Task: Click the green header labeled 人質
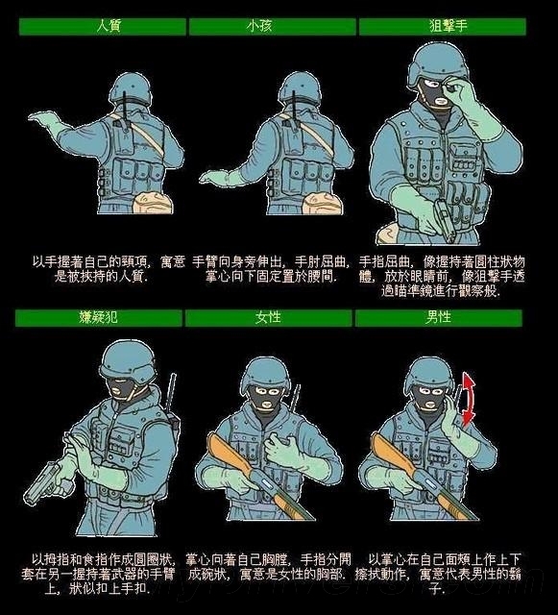point(94,27)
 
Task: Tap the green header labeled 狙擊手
point(443,27)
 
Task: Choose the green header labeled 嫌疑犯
point(94,318)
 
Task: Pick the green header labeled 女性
point(268,318)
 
